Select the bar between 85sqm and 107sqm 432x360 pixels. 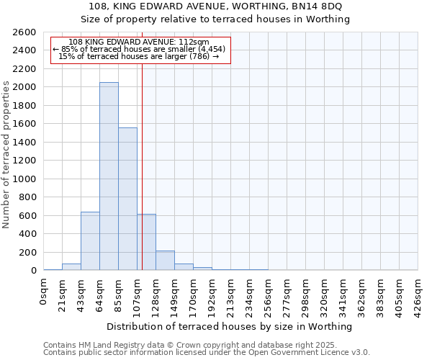pos(127,199)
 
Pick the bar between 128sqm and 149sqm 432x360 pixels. pos(165,261)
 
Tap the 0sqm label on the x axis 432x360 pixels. pos(44,292)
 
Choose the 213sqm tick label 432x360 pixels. pos(230,295)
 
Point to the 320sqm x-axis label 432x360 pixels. pos(324,295)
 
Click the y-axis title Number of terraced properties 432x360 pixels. pos(6,155)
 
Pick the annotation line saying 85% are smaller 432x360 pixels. pos(140,49)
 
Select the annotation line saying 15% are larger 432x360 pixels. pos(140,56)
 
